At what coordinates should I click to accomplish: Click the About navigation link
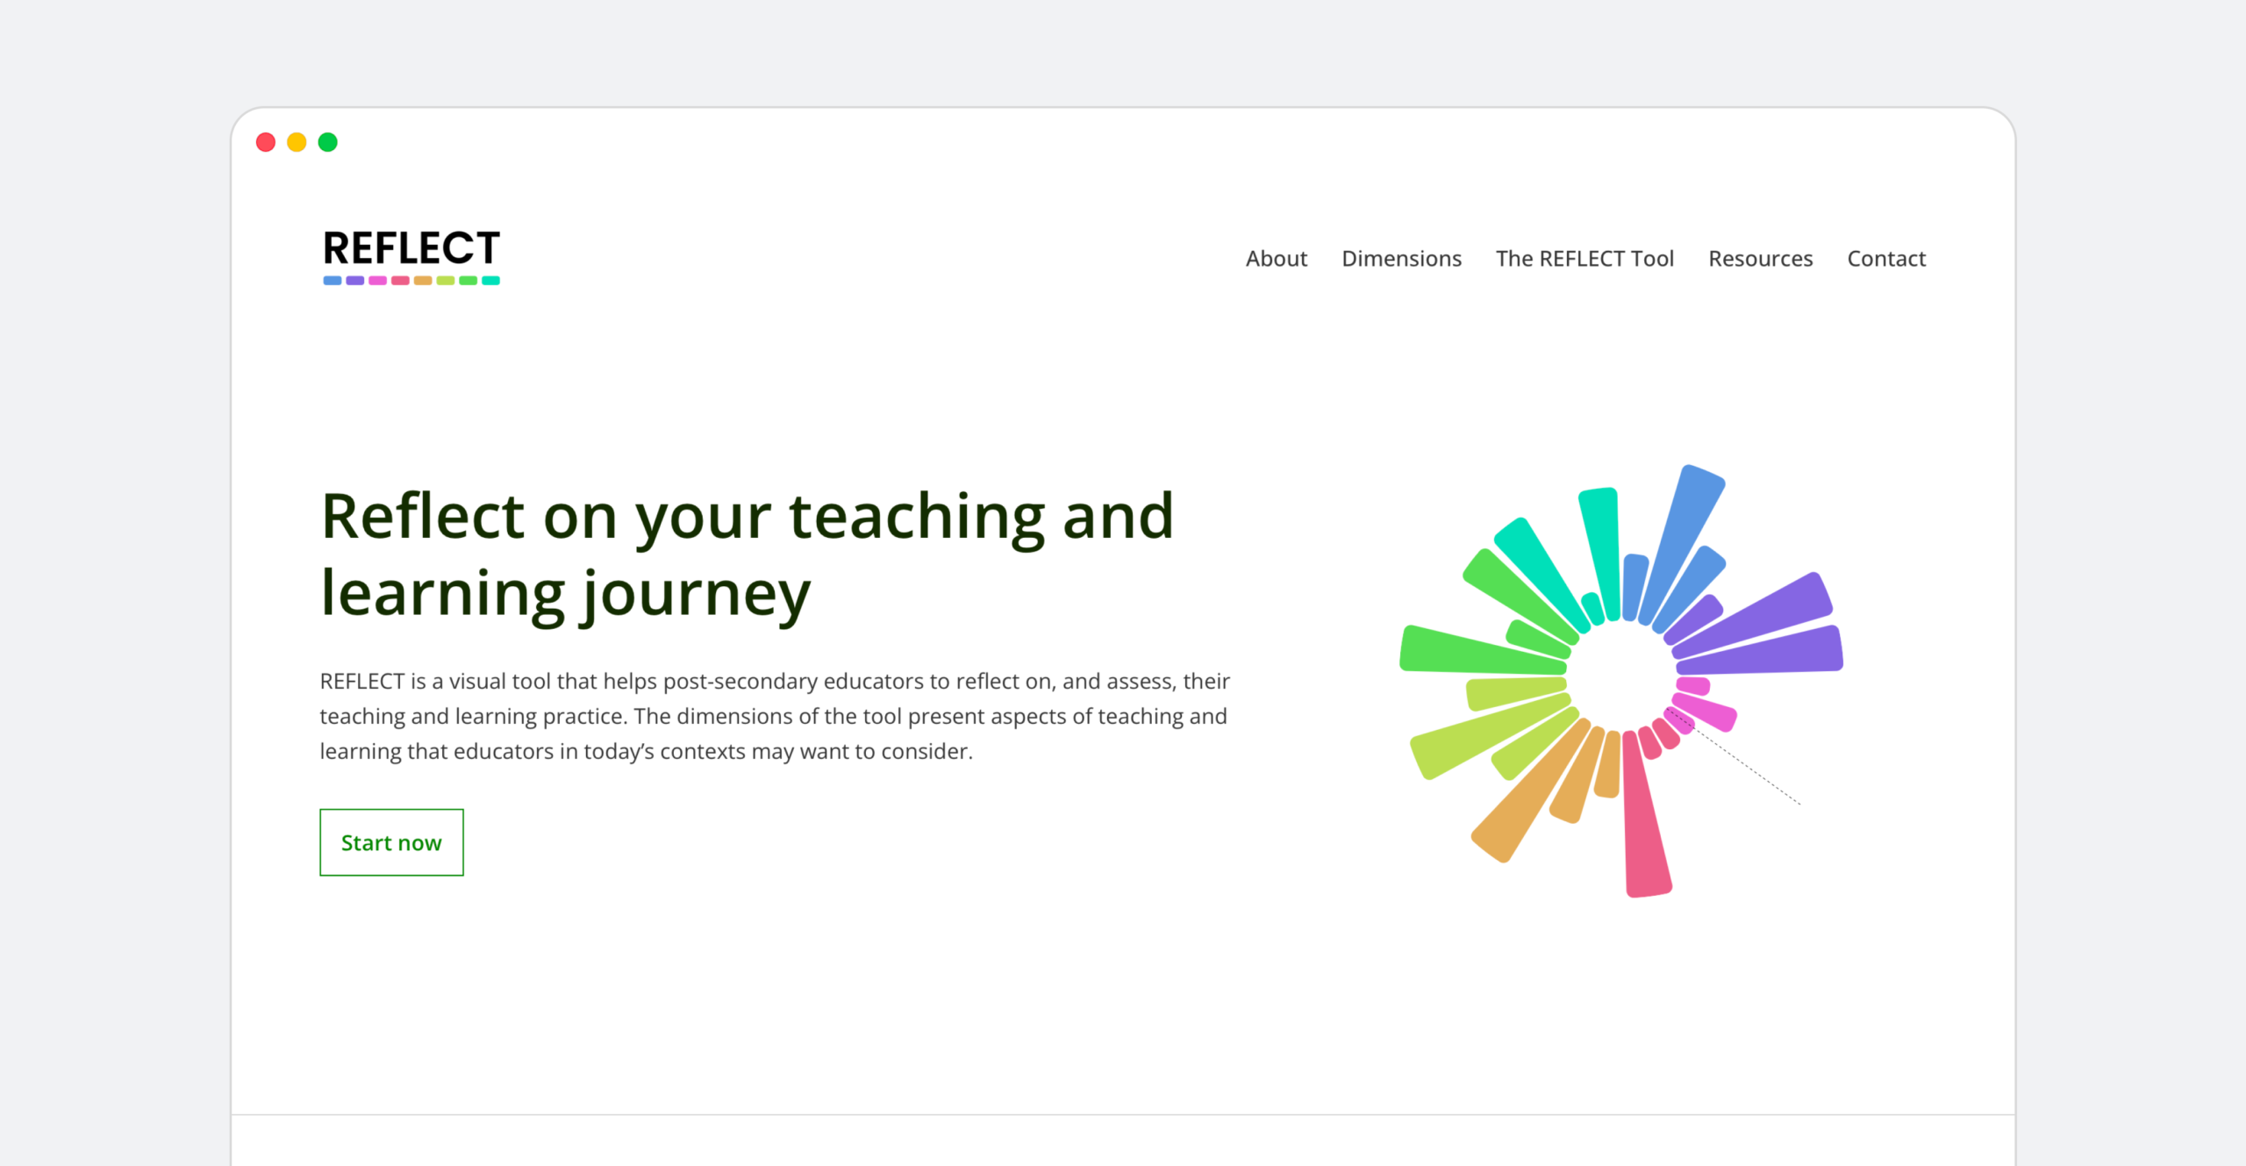(1276, 259)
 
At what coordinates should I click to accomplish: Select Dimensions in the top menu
(1401, 259)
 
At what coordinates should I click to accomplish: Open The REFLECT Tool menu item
(1584, 259)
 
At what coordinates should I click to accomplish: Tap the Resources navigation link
(1760, 259)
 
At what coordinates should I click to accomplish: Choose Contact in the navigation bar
(1886, 259)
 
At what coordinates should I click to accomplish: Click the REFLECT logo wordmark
(411, 248)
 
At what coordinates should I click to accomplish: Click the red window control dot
(266, 142)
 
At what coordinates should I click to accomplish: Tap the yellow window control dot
(297, 142)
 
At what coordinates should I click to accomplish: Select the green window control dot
(327, 142)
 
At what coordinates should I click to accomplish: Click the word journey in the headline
(697, 595)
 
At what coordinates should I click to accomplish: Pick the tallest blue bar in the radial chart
(1681, 544)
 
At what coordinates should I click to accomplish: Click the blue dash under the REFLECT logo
(333, 281)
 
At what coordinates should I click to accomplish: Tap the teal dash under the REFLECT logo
(491, 281)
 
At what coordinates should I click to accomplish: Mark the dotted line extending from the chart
(1733, 756)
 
